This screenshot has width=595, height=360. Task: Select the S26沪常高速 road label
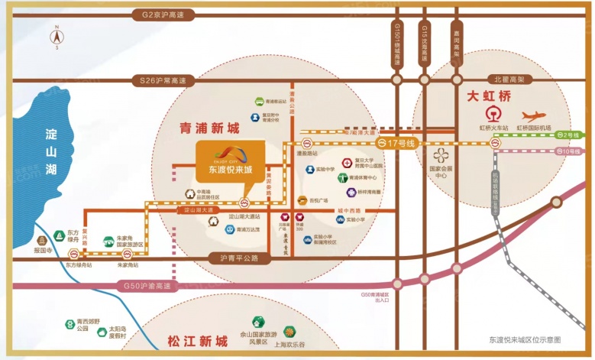[164, 79]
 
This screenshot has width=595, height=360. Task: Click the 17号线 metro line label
[399, 143]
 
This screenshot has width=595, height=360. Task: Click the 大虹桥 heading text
[489, 97]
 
